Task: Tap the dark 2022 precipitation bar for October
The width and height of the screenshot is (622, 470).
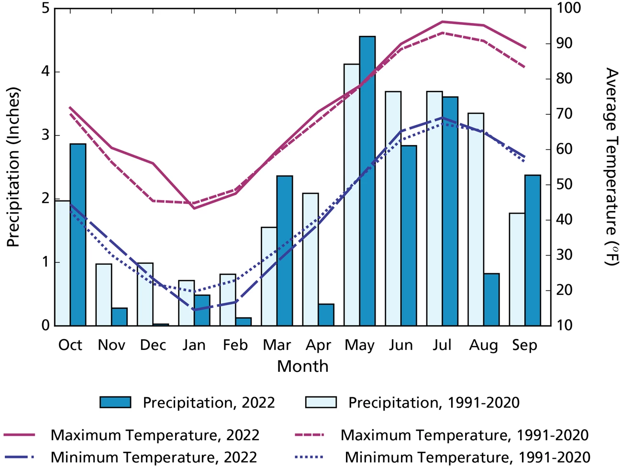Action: click(x=78, y=235)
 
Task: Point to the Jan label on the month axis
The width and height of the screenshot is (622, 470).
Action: click(x=194, y=345)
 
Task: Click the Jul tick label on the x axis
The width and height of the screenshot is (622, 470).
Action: click(x=442, y=345)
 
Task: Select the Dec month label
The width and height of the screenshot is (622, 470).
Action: click(x=153, y=345)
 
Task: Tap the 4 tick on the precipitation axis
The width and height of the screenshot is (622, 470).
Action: click(x=45, y=72)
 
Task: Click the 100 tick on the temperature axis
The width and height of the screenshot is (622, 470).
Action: click(x=568, y=8)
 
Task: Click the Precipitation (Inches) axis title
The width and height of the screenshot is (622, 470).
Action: click(x=13, y=167)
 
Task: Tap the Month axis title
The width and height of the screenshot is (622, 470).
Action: click(x=302, y=367)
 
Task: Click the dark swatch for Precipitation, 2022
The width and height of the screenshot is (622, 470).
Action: click(x=115, y=402)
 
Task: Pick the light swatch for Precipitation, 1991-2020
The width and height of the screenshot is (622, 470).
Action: click(x=321, y=402)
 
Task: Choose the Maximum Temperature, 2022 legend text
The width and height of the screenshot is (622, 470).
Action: click(x=155, y=435)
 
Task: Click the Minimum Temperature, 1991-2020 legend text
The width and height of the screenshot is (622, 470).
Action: click(x=467, y=457)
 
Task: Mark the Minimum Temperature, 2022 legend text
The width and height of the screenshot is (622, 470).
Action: click(x=154, y=457)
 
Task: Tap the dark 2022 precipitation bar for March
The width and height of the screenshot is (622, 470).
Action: click(x=285, y=251)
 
